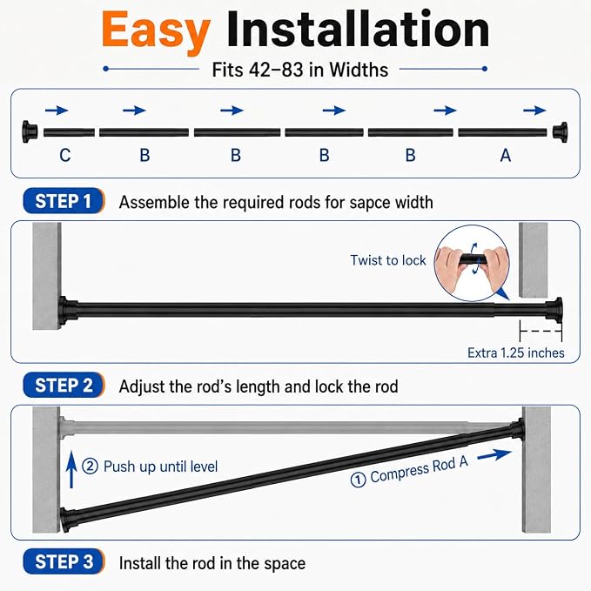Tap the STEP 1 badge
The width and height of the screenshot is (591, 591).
click(x=64, y=201)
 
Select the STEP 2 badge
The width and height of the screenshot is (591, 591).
click(x=64, y=386)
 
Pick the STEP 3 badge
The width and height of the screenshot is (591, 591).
click(x=64, y=561)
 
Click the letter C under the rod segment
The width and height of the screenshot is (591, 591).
click(x=64, y=155)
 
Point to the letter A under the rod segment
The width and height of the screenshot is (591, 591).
click(x=506, y=155)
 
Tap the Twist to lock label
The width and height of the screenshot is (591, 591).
click(x=388, y=260)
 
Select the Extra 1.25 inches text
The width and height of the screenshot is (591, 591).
click(x=515, y=353)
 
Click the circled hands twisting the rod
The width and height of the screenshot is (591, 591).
click(x=472, y=263)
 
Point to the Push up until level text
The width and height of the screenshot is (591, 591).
click(x=160, y=467)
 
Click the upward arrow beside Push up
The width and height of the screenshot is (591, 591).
click(x=71, y=470)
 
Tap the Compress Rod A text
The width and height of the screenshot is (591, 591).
click(x=420, y=470)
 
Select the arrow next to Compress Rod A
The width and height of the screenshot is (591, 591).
click(x=494, y=454)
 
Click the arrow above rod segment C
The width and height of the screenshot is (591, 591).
click(x=57, y=110)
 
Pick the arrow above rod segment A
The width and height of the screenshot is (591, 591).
click(x=534, y=110)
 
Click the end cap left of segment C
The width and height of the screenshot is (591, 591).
click(x=30, y=132)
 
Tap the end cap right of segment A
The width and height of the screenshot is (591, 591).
click(x=560, y=132)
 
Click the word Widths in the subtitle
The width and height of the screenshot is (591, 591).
click(x=359, y=70)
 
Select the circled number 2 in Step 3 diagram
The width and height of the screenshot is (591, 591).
click(x=90, y=467)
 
